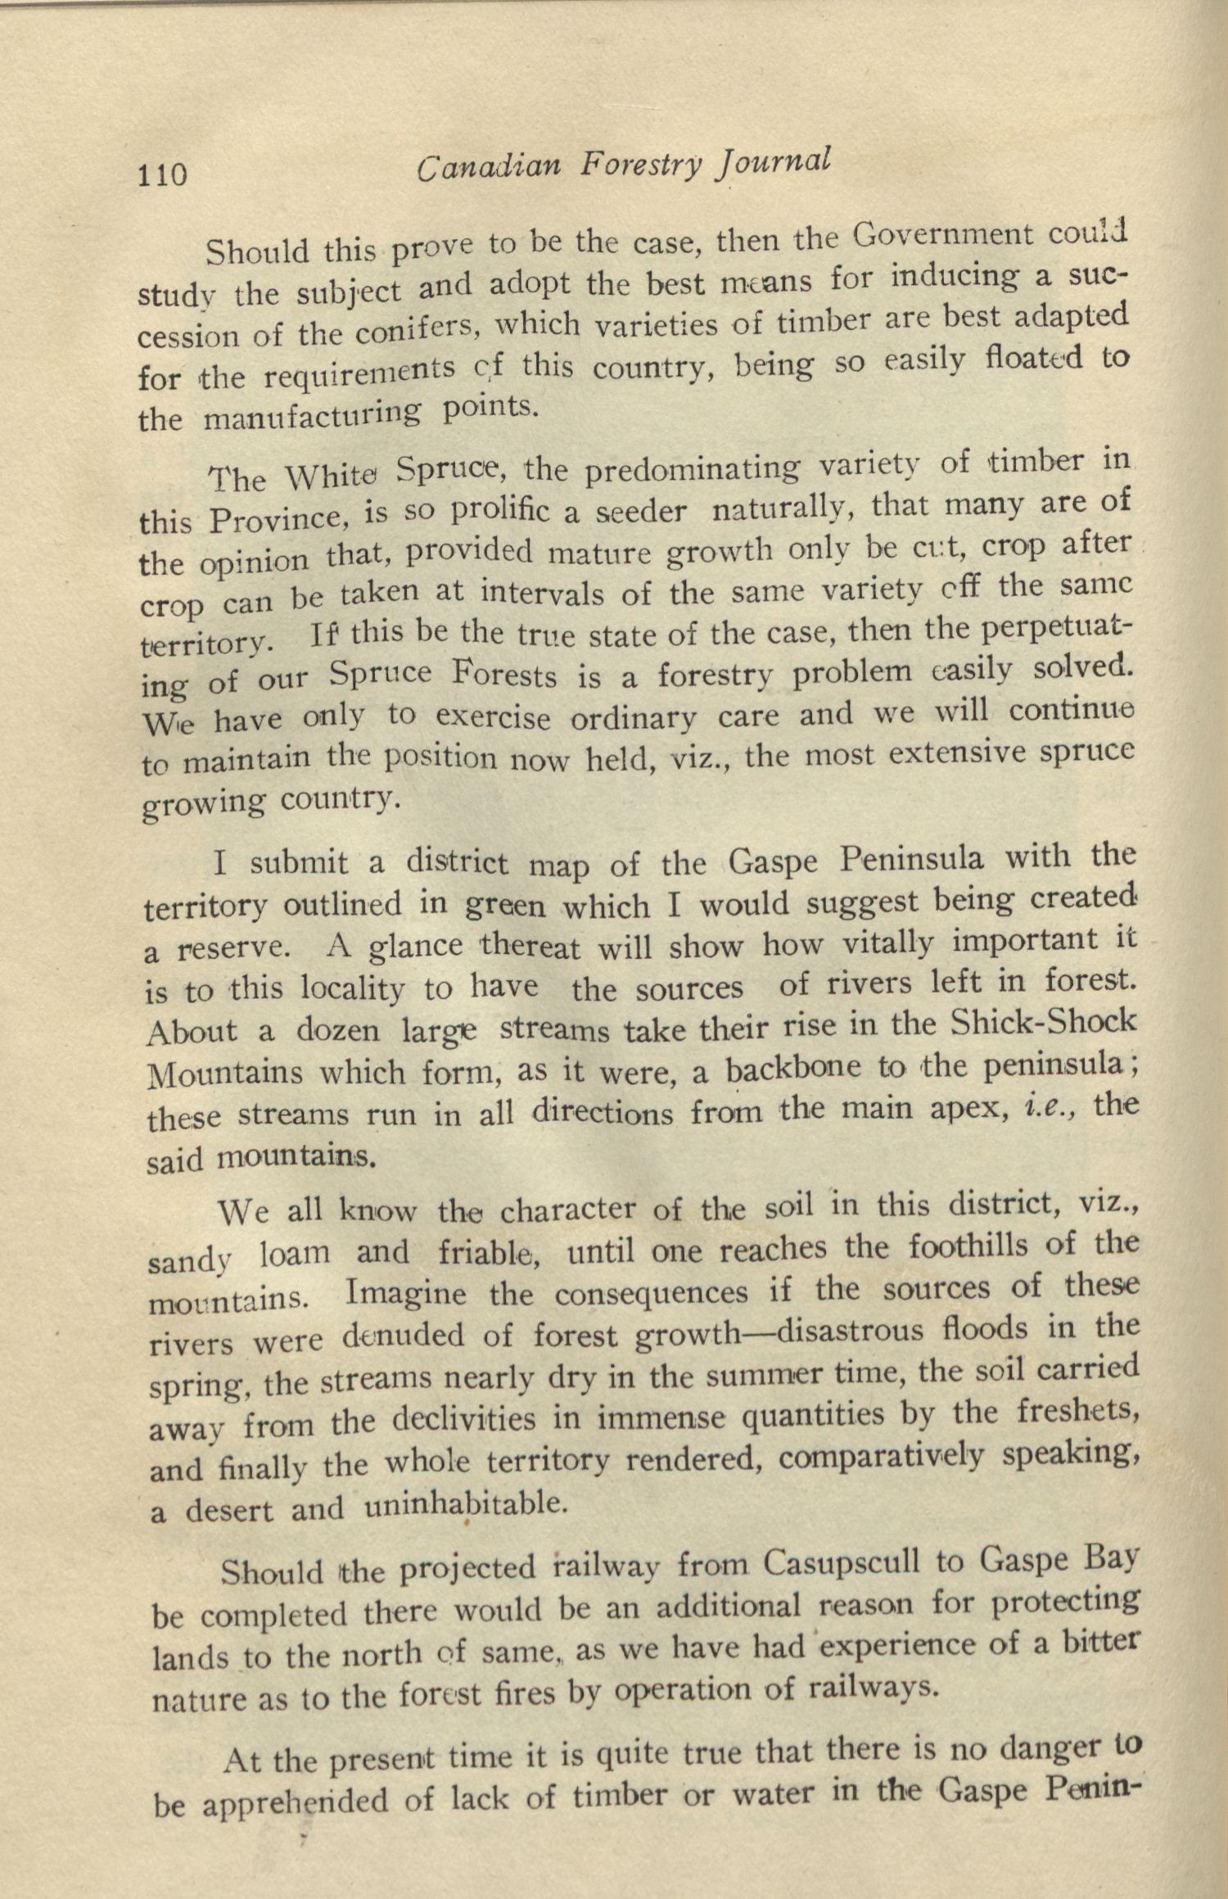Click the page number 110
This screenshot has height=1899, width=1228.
[x=163, y=174]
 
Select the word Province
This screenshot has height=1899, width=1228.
[x=279, y=519]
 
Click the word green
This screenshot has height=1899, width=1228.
[x=504, y=906]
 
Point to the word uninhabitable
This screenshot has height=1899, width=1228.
[x=464, y=1505]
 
